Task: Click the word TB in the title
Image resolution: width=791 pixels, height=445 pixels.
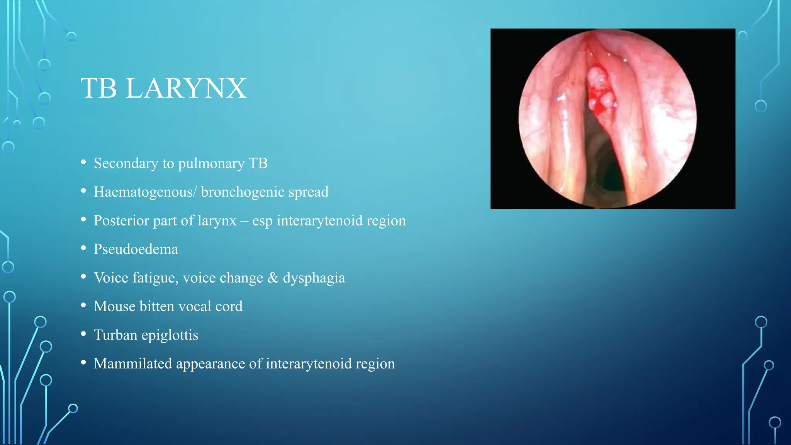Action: (x=99, y=88)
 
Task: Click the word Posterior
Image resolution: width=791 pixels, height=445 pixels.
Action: (x=121, y=221)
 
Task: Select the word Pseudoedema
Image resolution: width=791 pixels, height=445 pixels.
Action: (x=136, y=249)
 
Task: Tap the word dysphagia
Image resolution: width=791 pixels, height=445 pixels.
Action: (x=314, y=278)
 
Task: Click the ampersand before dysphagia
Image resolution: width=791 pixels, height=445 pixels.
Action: (x=273, y=278)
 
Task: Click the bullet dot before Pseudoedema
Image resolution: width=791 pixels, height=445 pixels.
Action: (x=83, y=248)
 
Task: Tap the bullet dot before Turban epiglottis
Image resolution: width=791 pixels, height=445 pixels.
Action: (x=83, y=334)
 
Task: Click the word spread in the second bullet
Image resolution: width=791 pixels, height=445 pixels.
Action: (x=314, y=192)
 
